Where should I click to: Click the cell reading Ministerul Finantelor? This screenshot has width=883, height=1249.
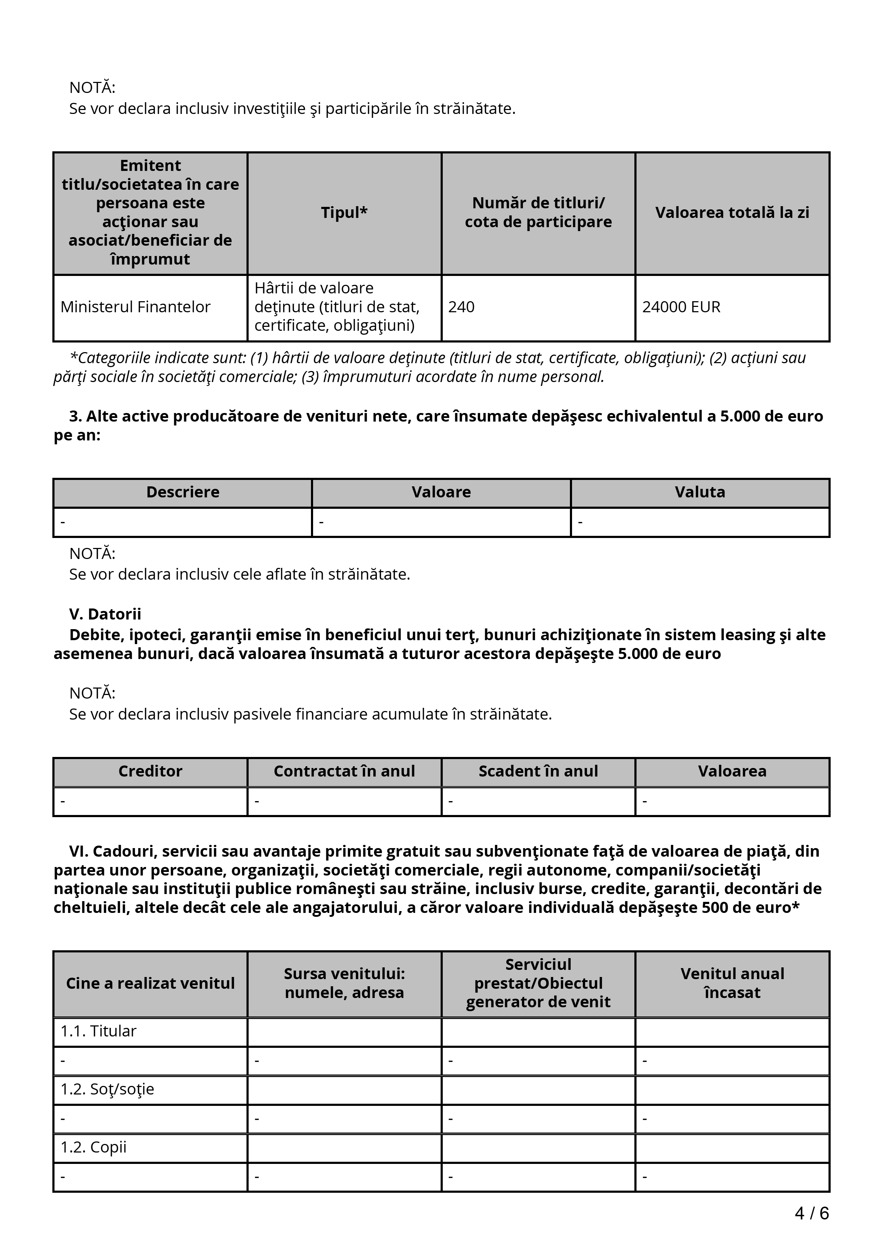coord(135,307)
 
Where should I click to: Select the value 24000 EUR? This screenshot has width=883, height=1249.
coord(681,307)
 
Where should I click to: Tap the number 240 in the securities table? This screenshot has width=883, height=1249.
coord(461,307)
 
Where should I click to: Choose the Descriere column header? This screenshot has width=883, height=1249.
coord(183,492)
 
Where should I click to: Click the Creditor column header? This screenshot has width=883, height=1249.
coord(150,772)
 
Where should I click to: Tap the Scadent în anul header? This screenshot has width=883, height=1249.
coord(538,772)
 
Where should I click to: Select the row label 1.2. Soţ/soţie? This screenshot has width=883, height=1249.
coord(107,1089)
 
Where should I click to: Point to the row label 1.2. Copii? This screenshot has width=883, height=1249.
coord(94,1147)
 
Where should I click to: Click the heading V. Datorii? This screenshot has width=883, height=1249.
coord(105,614)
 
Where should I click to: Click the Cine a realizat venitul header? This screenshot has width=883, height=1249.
coord(150,983)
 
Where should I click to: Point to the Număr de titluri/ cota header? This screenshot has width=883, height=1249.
coord(538,213)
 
